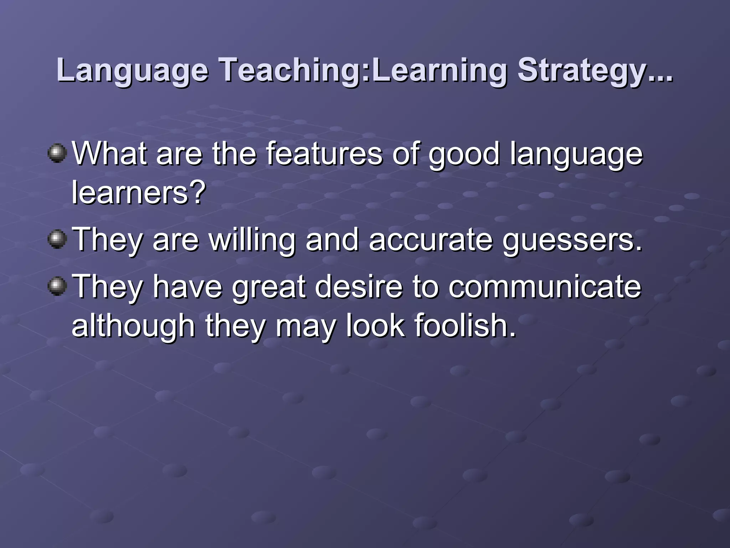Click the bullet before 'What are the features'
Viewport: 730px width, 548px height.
coord(57,153)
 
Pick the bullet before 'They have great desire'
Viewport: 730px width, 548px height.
coord(57,286)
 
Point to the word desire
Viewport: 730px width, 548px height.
coord(359,286)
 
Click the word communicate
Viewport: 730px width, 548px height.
coord(545,286)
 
